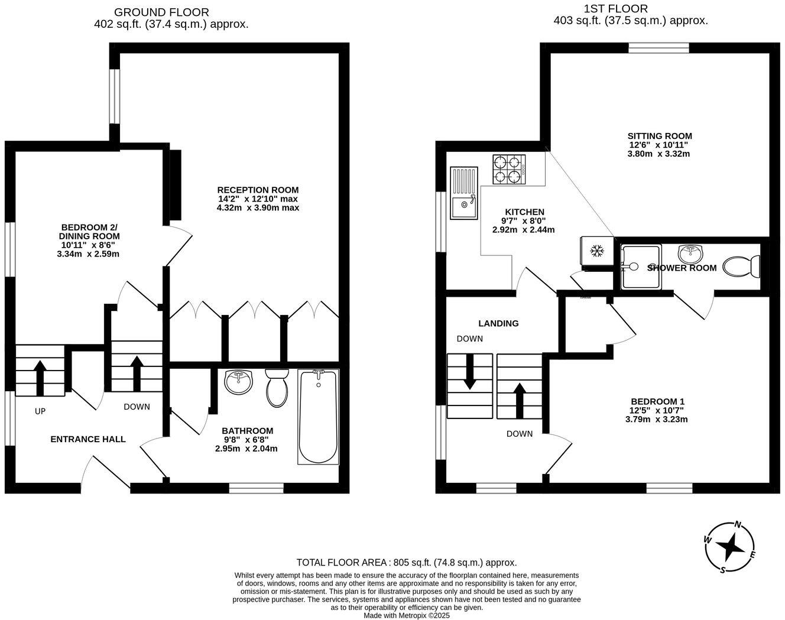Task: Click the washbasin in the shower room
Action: (x=690, y=255)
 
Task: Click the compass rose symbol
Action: (x=730, y=548)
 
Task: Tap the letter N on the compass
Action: (x=738, y=524)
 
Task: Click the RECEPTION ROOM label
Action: (x=258, y=190)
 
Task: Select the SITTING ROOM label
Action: (x=660, y=136)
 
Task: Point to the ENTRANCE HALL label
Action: (x=87, y=439)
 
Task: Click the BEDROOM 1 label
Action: (x=656, y=401)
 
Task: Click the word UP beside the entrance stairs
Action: (x=40, y=411)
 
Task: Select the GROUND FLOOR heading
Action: (x=161, y=12)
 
